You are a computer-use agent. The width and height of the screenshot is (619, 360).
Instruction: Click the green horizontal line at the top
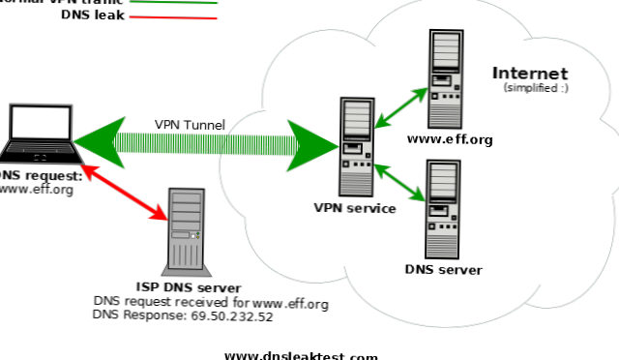[174, 3]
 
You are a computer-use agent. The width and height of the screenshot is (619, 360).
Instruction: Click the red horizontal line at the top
[174, 17]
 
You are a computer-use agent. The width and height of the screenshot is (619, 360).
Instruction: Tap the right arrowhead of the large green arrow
[312, 145]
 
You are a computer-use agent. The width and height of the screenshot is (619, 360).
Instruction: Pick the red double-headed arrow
[124, 193]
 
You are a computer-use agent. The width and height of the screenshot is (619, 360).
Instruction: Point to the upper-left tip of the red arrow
[83, 167]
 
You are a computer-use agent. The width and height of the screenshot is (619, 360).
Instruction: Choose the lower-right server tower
[443, 209]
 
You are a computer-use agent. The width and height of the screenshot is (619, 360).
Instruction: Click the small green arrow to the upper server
[400, 107]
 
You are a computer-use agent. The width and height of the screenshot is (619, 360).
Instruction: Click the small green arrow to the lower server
[399, 183]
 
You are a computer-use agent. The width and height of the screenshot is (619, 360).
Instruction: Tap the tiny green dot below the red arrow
[198, 235]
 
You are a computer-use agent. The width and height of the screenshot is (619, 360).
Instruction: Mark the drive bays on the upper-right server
[446, 49]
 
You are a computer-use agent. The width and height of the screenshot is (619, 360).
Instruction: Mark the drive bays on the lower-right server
[443, 180]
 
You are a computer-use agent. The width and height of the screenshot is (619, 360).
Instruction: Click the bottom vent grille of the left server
[356, 184]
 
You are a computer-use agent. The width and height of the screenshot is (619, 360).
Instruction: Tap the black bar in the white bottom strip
[300, 355]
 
